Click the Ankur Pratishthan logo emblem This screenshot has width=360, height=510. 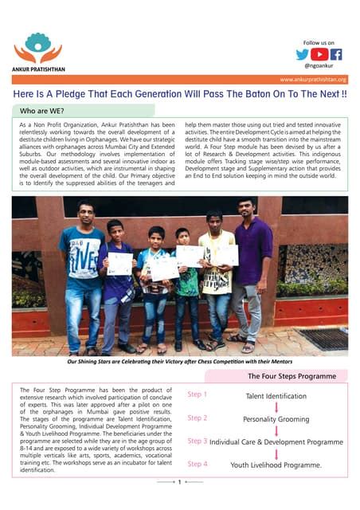tap(37, 47)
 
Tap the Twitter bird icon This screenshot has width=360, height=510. tap(303, 55)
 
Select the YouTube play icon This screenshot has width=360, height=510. tap(319, 55)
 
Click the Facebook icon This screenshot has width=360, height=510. tap(336, 55)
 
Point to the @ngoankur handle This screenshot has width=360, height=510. tap(319, 67)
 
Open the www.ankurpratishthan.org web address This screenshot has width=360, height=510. tap(313, 80)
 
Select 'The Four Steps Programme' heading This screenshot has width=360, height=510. tap(292, 375)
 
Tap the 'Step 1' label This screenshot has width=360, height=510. tap(197, 394)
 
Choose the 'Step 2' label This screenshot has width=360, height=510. tap(197, 418)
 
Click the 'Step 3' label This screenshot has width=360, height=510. tap(197, 441)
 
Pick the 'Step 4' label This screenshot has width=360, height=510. tap(197, 463)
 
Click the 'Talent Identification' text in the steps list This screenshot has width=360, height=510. tap(276, 396)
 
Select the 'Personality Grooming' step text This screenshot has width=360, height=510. tap(276, 419)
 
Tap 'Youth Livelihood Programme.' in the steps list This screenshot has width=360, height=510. tap(276, 465)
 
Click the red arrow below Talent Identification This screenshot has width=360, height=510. tap(276, 407)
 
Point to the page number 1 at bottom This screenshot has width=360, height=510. tap(180, 481)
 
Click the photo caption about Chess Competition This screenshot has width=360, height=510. tap(180, 361)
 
